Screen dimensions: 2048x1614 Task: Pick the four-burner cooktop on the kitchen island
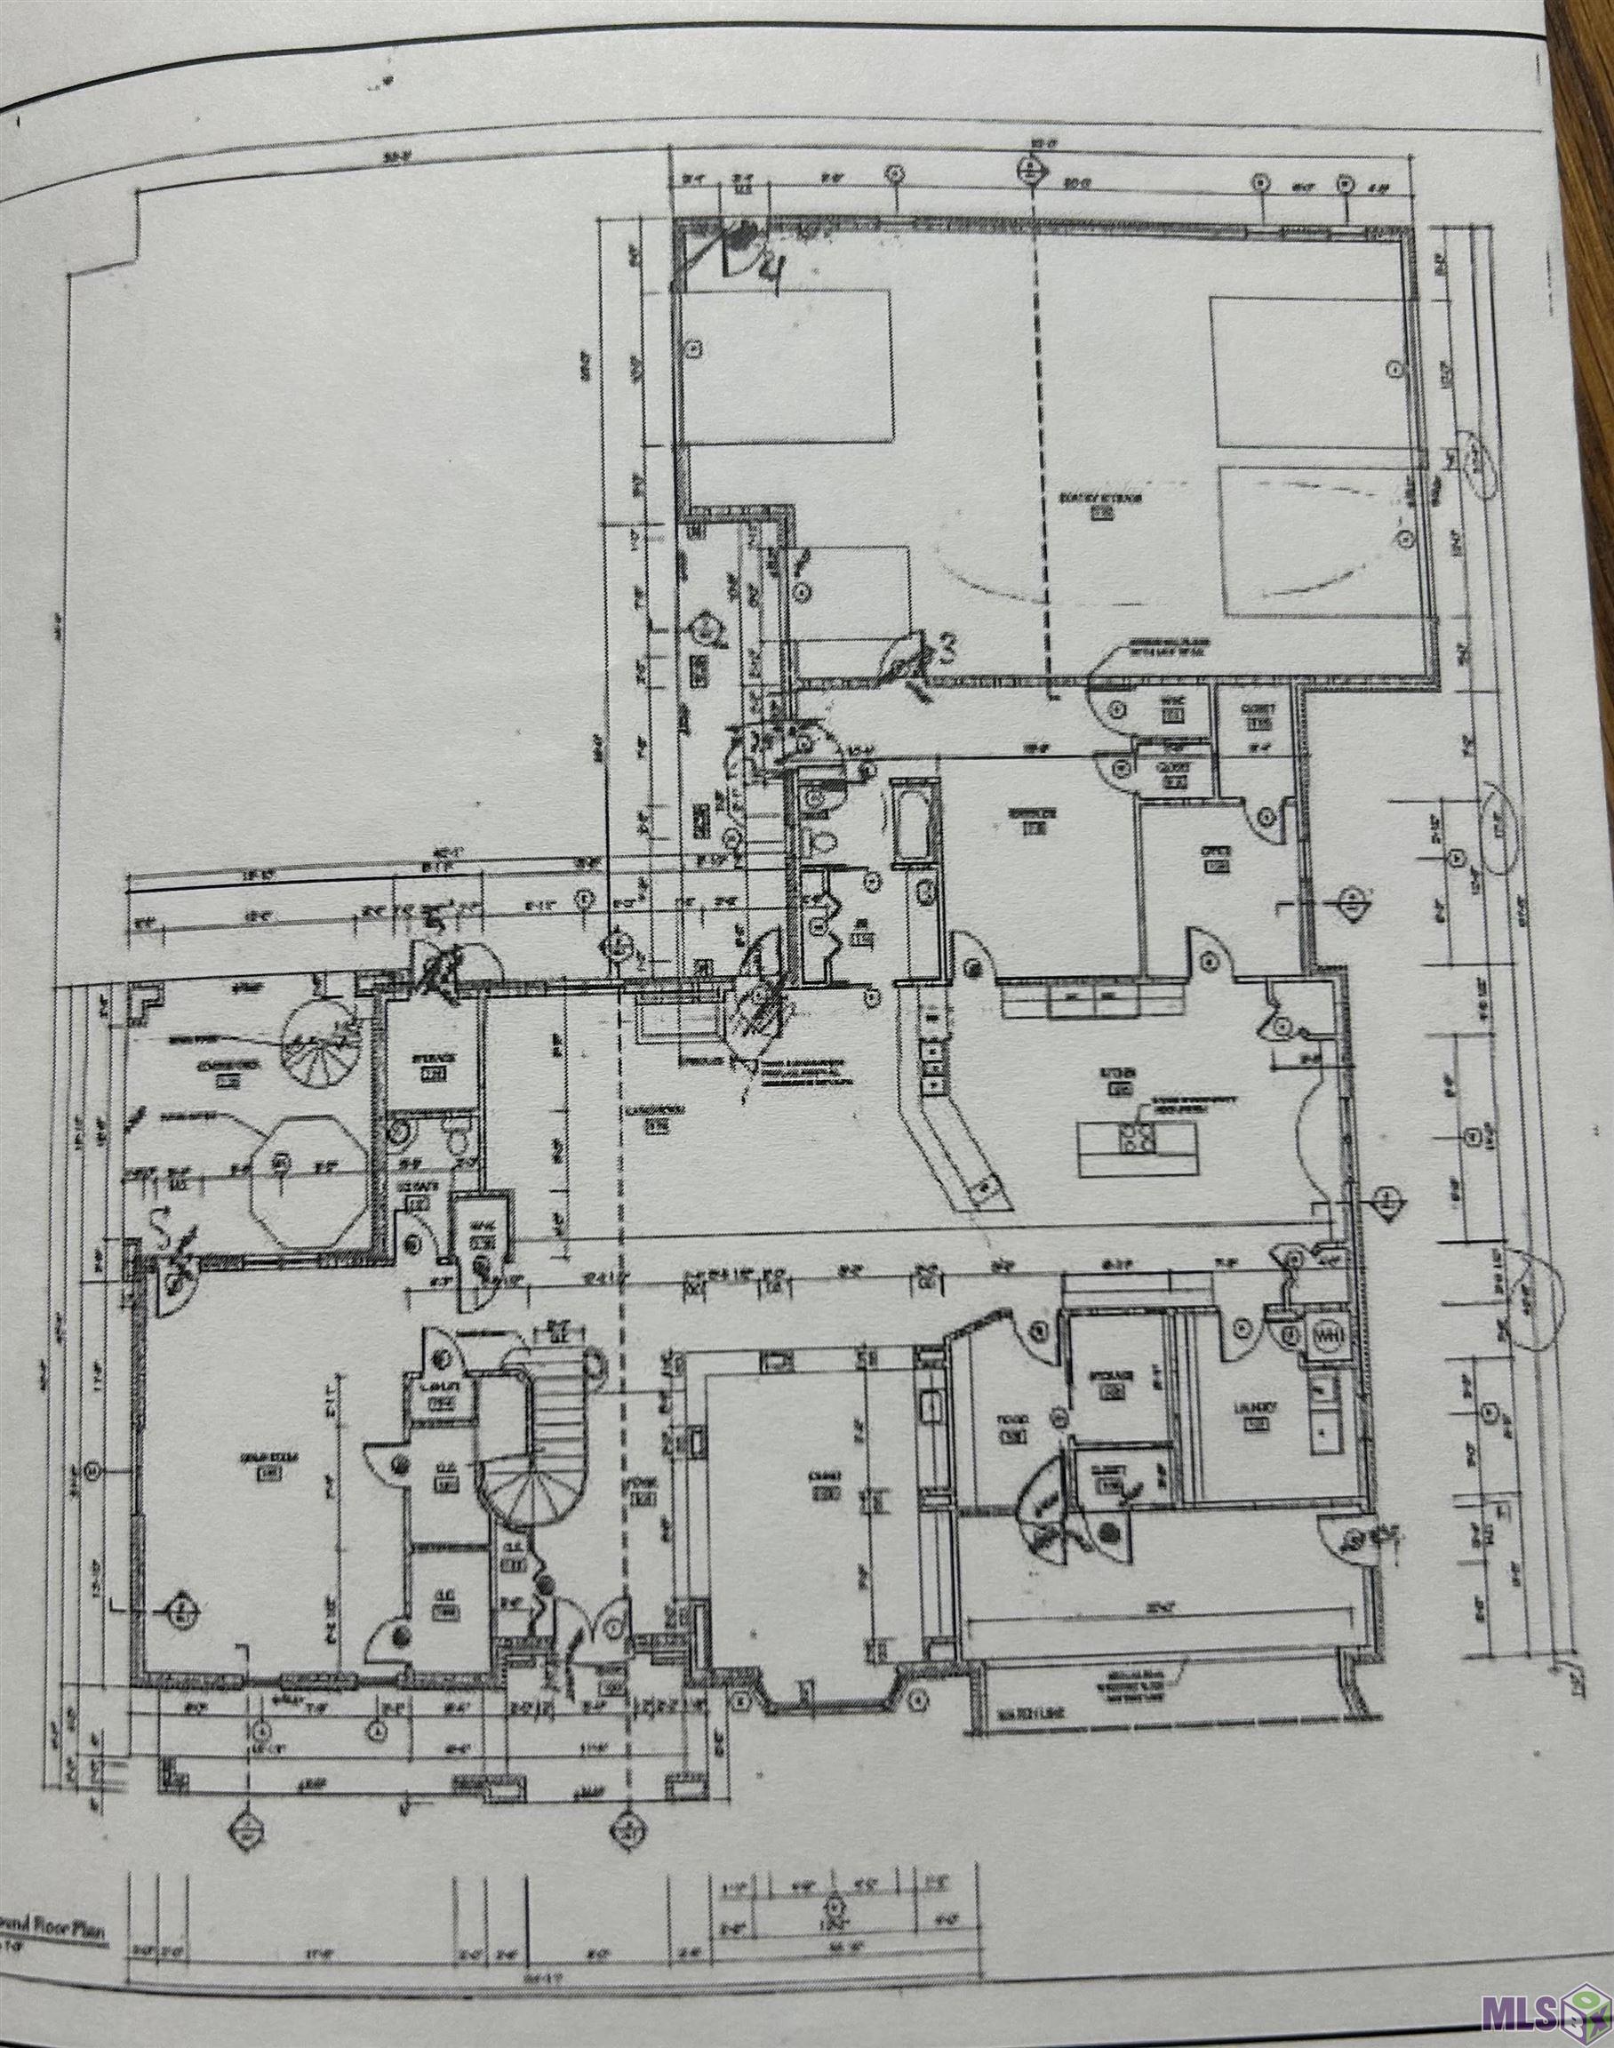(x=1139, y=1140)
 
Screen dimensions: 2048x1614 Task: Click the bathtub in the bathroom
(x=912, y=820)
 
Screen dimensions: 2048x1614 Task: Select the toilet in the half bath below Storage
(x=460, y=1141)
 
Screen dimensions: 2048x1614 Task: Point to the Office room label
(x=1214, y=852)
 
